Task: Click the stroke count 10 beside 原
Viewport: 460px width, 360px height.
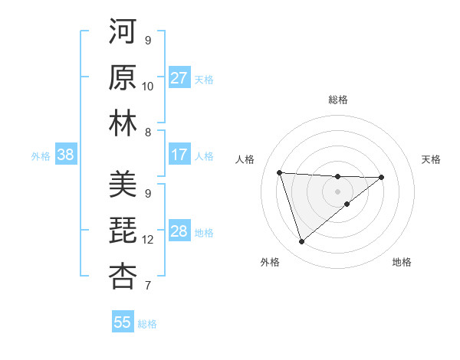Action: click(x=148, y=87)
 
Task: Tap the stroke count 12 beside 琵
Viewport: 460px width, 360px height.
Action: click(x=148, y=240)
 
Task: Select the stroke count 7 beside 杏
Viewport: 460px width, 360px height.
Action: click(x=148, y=286)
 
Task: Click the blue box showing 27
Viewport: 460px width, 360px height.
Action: click(x=179, y=78)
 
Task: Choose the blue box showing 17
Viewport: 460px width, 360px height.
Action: click(x=179, y=155)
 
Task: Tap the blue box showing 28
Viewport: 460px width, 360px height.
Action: click(x=179, y=231)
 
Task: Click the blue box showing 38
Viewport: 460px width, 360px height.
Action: click(x=65, y=155)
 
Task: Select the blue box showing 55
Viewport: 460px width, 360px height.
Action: click(x=123, y=322)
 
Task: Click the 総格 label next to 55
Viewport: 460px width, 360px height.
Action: click(x=147, y=324)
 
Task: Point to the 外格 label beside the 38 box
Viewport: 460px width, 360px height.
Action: click(x=41, y=156)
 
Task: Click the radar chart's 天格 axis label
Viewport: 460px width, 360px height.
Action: click(x=431, y=159)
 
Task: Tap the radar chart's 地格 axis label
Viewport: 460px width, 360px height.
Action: click(x=402, y=262)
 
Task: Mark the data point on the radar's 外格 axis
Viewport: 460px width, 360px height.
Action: click(x=301, y=242)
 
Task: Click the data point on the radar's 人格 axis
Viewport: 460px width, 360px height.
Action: click(x=280, y=172)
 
